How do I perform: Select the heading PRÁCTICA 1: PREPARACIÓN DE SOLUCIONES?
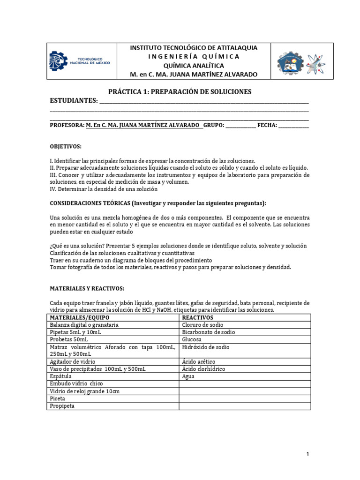[180, 91]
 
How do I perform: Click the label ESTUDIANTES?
[74, 101]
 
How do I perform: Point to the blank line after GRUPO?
[241, 126]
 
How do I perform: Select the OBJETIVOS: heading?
[66, 146]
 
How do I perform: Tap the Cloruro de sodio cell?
[202, 325]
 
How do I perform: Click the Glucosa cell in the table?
[192, 339]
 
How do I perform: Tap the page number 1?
[307, 454]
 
